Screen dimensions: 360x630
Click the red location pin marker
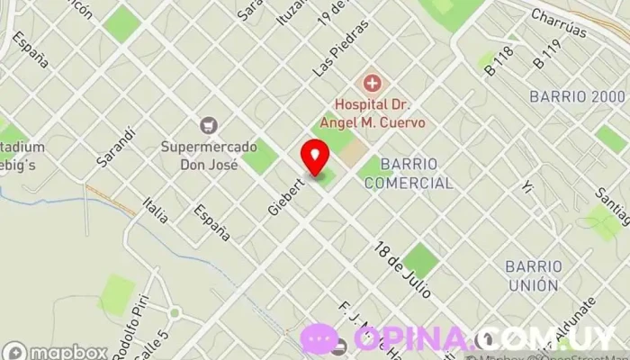pyautogui.click(x=315, y=156)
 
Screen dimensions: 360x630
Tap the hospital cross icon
pyautogui.click(x=370, y=84)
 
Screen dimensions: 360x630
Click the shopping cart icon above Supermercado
pyautogui.click(x=209, y=125)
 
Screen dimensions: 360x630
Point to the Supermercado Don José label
pyautogui.click(x=199, y=155)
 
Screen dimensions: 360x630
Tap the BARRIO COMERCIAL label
pyautogui.click(x=417, y=174)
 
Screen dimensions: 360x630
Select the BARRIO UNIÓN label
pyautogui.click(x=533, y=275)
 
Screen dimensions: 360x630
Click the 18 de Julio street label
pyautogui.click(x=403, y=269)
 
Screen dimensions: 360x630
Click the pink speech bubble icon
pyautogui.click(x=320, y=337)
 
